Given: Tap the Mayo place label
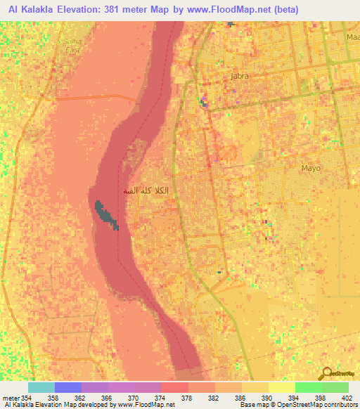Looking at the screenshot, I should click(310, 168).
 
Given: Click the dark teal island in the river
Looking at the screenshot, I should click(105, 214).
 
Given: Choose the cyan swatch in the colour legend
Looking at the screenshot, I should click(41, 388).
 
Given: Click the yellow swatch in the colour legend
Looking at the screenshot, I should click(282, 388).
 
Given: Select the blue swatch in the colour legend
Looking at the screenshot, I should click(68, 388).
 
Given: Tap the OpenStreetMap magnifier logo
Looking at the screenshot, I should click(327, 375).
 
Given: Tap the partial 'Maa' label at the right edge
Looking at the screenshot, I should click(353, 37).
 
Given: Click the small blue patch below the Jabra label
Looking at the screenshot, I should click(205, 104).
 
